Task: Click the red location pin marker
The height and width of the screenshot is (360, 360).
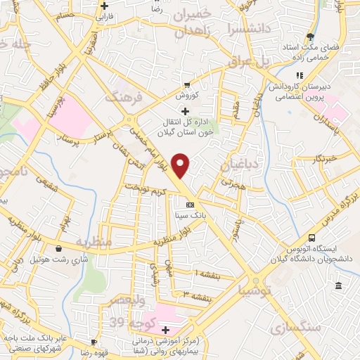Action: [181, 165]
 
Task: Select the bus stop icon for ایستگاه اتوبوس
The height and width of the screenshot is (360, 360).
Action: [311, 238]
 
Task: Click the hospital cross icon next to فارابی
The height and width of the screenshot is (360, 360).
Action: [103, 5]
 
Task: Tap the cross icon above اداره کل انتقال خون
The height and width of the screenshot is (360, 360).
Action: [185, 111]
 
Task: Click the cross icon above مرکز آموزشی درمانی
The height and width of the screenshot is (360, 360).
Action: [166, 330]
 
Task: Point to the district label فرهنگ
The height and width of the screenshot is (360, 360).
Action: [124, 96]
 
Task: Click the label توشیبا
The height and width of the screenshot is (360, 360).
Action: [253, 289]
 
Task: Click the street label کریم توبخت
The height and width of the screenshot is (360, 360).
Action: [145, 189]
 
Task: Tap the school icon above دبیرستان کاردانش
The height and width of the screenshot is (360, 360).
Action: [300, 75]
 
